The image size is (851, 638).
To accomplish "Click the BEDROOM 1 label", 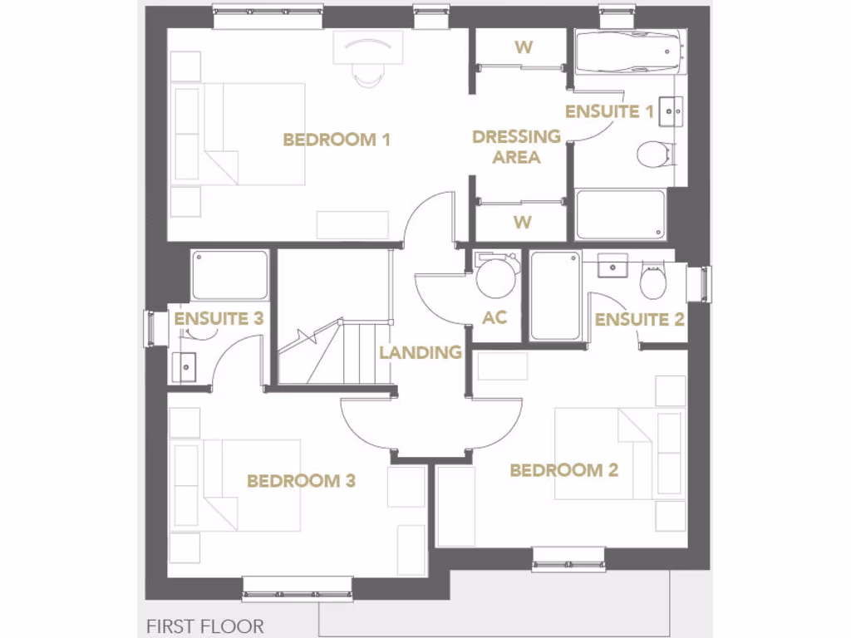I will click(x=337, y=140).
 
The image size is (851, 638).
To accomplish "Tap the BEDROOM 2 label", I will click(x=563, y=470).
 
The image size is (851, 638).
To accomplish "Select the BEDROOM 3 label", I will click(x=302, y=480).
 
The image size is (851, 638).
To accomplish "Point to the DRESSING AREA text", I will click(x=516, y=147).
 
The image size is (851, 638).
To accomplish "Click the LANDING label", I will click(x=420, y=352).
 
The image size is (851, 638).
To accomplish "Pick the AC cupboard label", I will click(x=494, y=318).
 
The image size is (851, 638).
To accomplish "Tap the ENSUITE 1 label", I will click(x=608, y=111).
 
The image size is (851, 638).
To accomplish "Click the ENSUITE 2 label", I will click(x=639, y=319).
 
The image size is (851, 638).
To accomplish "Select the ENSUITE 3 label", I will click(x=219, y=318).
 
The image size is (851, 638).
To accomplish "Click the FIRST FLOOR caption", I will click(x=204, y=626).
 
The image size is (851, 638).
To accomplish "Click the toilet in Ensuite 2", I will click(x=652, y=283).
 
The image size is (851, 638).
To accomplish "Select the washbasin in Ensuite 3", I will click(x=184, y=364).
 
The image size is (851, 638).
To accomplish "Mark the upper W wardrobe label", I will click(x=523, y=47).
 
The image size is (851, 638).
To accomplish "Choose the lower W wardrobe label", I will click(x=522, y=222).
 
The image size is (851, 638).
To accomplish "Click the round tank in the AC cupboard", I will click(x=496, y=278).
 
